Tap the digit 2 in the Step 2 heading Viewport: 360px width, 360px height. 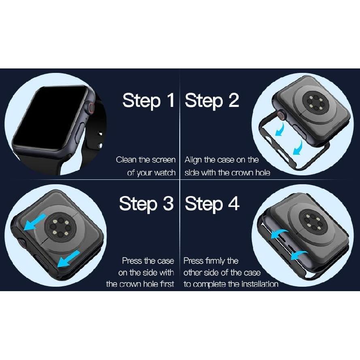pyautogui.click(x=234, y=100)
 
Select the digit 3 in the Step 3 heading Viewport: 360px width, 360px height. pyautogui.click(x=168, y=204)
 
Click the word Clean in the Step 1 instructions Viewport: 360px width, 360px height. pyautogui.click(x=126, y=160)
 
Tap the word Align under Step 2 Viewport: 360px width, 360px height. pyautogui.click(x=194, y=160)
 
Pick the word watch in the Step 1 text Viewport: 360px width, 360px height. pyautogui.click(x=165, y=173)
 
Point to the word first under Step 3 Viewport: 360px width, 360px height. pyautogui.click(x=165, y=284)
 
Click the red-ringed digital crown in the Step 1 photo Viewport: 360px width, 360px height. pyautogui.click(x=92, y=108)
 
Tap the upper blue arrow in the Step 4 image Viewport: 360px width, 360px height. pyautogui.click(x=279, y=234)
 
